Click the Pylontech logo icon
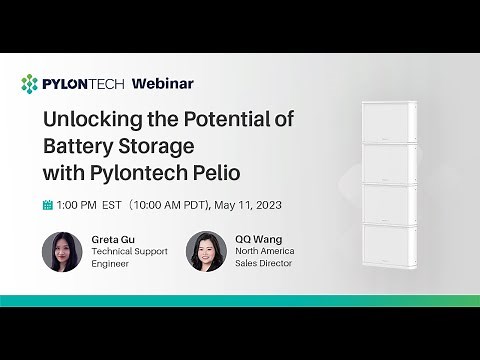(30, 83)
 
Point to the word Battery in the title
(73, 146)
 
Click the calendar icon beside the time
(47, 205)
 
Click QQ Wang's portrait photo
(206, 252)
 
